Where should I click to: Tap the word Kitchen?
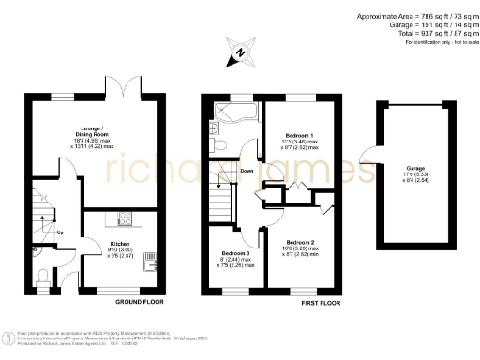tap(120, 242)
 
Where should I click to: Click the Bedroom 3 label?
tap(234, 253)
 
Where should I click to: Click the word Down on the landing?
tap(246, 171)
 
